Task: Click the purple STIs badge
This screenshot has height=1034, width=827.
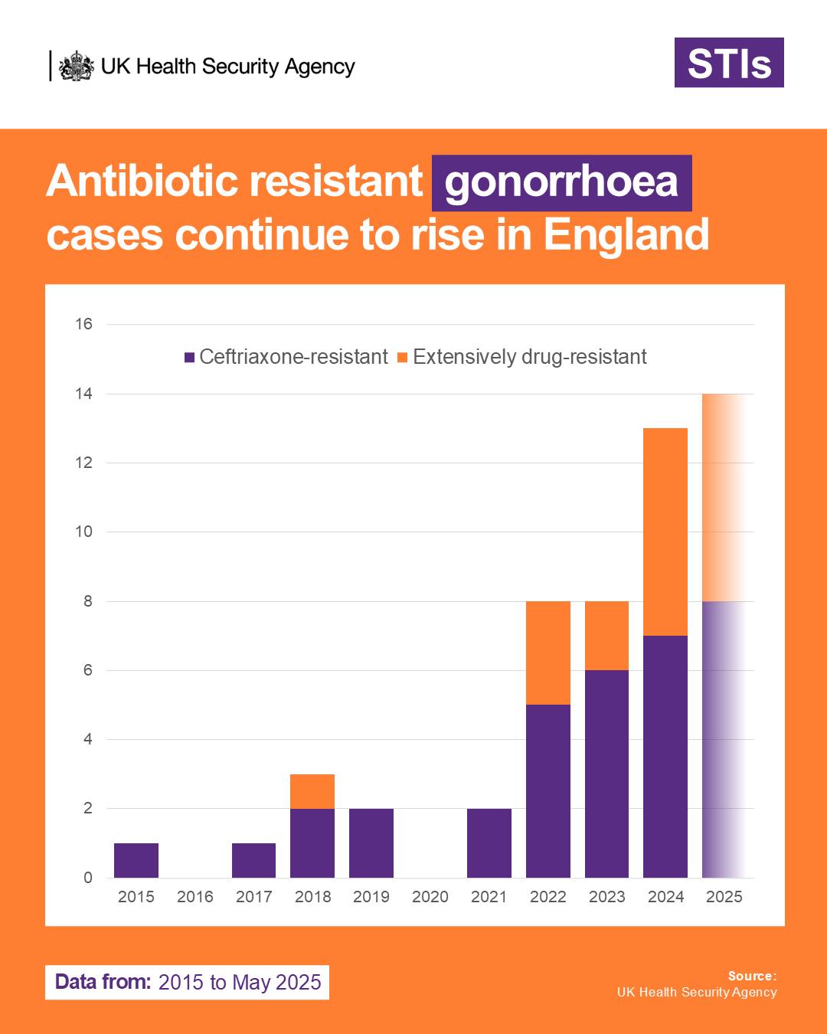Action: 729,63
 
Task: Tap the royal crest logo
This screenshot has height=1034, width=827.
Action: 77,66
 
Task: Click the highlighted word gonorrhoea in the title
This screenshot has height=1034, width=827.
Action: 562,183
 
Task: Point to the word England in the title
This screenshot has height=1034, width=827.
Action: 626,235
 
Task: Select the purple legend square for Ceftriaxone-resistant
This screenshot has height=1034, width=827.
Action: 189,358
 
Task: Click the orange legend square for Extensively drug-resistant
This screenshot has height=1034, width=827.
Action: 403,358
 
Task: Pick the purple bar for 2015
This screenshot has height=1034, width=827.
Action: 136,860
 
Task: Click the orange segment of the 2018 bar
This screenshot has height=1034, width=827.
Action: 312,791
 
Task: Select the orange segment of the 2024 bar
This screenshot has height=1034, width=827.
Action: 665,532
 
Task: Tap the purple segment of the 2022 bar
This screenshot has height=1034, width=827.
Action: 548,791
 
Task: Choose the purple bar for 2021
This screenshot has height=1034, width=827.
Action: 489,843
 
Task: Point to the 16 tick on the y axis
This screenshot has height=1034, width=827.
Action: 83,324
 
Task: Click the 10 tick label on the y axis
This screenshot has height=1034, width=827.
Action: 83,532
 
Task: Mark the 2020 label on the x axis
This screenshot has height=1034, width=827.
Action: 430,897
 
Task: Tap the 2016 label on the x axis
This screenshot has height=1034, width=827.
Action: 195,897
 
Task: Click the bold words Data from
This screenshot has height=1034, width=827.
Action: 103,982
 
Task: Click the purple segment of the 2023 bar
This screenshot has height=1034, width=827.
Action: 607,774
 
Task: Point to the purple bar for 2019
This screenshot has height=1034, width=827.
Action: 371,843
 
